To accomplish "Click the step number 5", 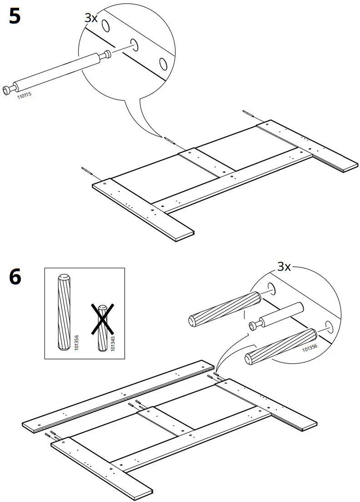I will (x=15, y=17).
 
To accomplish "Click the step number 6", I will (x=15, y=277).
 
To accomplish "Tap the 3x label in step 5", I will (x=91, y=18).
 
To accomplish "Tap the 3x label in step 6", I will (x=284, y=266).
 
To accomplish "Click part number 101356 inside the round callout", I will (x=309, y=348).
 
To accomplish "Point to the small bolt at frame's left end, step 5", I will (x=87, y=171).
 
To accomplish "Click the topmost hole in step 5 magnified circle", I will (x=105, y=26).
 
